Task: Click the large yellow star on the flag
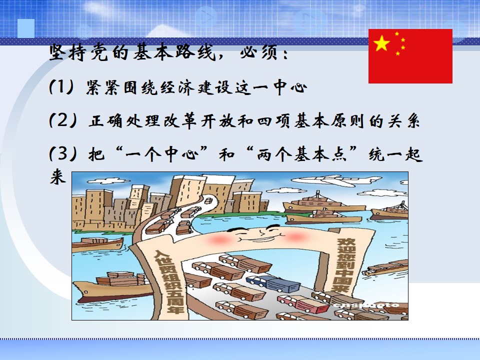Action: click(381, 43)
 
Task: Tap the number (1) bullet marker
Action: click(61, 87)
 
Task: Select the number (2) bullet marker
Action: click(63, 120)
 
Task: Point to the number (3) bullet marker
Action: click(63, 153)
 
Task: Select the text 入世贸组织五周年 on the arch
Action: click(168, 281)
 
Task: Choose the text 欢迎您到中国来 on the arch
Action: click(344, 265)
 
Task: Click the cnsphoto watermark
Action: click(366, 305)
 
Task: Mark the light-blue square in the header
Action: click(26, 28)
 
